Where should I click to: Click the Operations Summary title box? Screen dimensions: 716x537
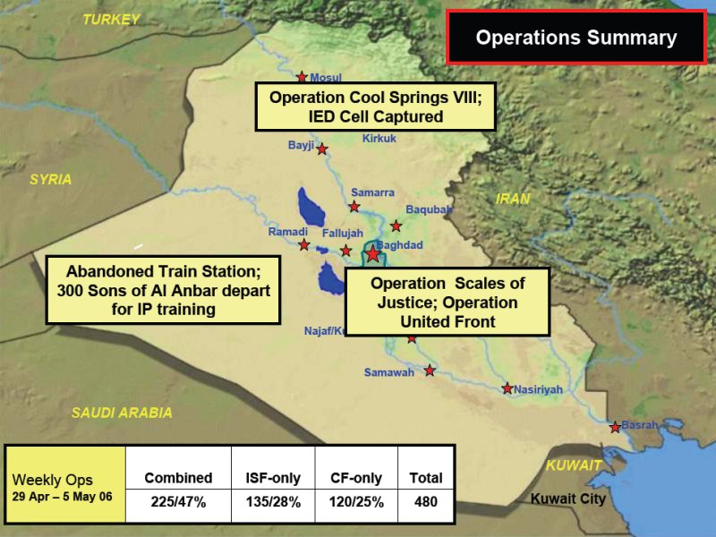click(576, 37)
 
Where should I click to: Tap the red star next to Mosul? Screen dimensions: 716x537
click(302, 77)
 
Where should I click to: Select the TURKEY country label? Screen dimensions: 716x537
click(111, 20)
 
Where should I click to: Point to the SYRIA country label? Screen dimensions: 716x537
click(51, 179)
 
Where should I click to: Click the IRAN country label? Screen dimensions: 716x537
click(513, 199)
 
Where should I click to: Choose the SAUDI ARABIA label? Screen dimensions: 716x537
click(122, 413)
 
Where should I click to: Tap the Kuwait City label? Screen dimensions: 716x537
click(568, 499)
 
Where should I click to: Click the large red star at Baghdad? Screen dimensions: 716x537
click(372, 253)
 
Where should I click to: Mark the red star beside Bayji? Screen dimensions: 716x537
click(322, 149)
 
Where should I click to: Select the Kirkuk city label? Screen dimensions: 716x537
click(379, 139)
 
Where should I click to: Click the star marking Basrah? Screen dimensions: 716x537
click(615, 428)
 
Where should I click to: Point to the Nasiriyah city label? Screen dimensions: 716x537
click(539, 389)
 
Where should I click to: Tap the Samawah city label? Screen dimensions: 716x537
click(389, 372)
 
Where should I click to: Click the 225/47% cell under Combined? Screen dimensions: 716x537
click(178, 502)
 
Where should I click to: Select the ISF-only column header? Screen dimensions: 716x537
click(273, 478)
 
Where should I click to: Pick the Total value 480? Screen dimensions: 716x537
click(426, 502)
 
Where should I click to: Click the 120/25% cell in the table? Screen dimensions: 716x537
click(356, 502)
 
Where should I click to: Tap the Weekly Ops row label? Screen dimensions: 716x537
click(53, 480)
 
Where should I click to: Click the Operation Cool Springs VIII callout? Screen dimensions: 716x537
click(375, 107)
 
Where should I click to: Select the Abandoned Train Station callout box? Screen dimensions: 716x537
click(163, 290)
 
